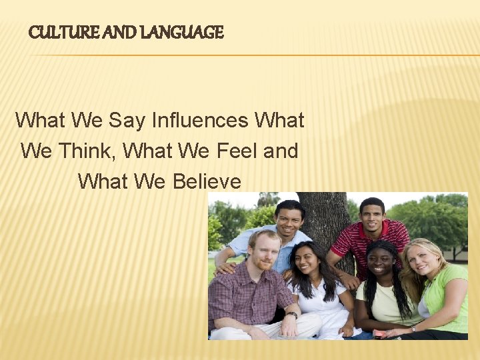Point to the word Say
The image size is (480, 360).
(x=126, y=121)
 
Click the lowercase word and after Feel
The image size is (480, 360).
(x=281, y=151)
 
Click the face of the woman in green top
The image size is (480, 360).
(x=421, y=260)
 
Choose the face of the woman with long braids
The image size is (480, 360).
(x=379, y=263)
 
